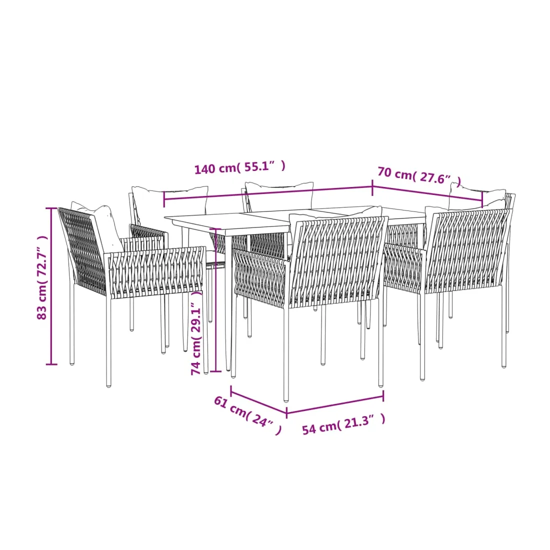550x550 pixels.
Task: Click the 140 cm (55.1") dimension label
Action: (240, 167)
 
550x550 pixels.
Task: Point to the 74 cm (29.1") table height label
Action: (196, 333)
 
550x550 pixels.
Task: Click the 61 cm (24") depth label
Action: (247, 415)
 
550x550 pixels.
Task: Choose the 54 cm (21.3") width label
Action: (344, 424)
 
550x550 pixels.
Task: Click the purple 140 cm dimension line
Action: (268, 193)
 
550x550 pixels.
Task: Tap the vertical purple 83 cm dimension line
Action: (51, 286)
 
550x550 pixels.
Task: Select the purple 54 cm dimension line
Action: (335, 404)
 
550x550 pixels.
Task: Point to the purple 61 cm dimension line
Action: (259, 399)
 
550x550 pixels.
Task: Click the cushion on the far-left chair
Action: (100, 224)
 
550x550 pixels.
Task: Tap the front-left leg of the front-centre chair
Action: (286, 354)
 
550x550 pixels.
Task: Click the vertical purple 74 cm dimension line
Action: (216, 300)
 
